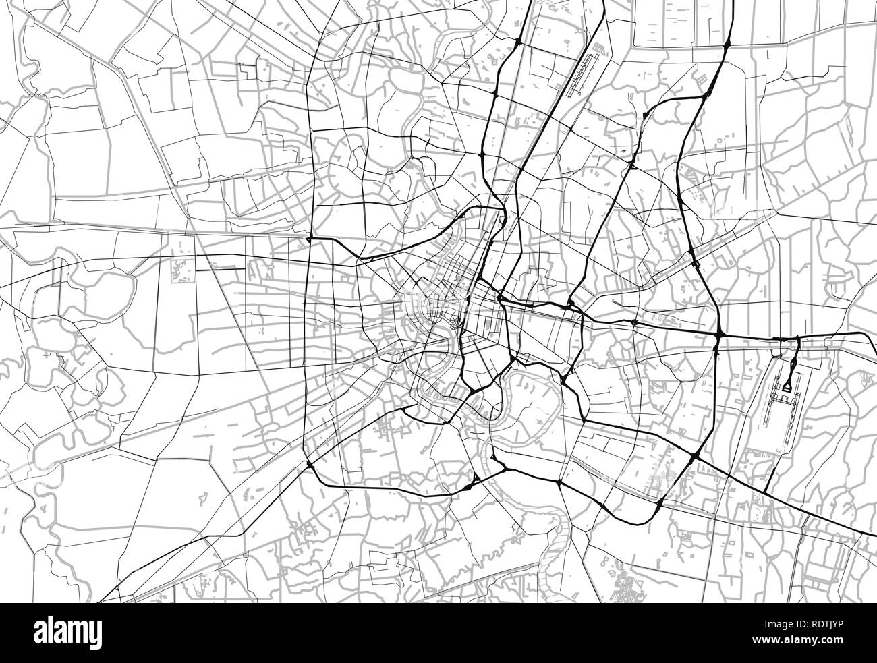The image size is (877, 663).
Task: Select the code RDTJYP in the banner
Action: tap(827, 628)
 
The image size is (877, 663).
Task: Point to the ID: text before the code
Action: tap(791, 628)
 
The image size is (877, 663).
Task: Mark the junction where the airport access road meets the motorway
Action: tap(797, 338)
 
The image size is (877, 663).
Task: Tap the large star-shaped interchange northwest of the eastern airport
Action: tap(718, 335)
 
